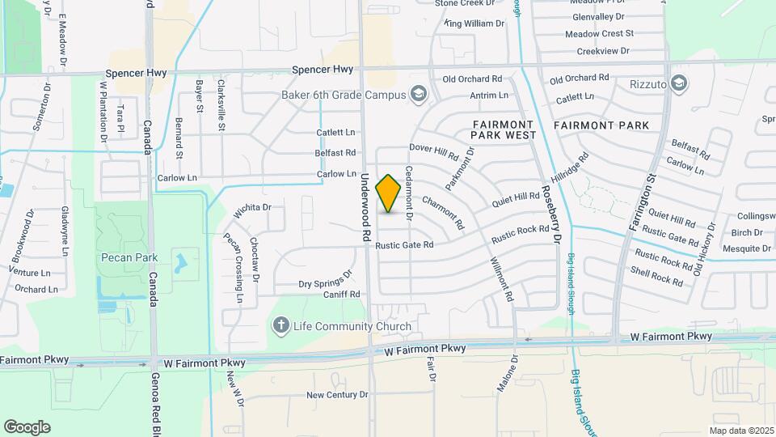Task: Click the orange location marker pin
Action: (388, 193)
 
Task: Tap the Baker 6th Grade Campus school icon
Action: (418, 95)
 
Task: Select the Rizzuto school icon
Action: (679, 82)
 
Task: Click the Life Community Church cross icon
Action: (280, 326)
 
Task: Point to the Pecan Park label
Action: (129, 257)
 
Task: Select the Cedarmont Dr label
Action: (409, 194)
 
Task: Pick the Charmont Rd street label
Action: (443, 212)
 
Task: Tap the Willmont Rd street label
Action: (501, 279)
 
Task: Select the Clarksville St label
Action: (221, 104)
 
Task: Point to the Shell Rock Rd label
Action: (656, 277)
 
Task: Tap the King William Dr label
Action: (474, 23)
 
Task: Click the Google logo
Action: (27, 426)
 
